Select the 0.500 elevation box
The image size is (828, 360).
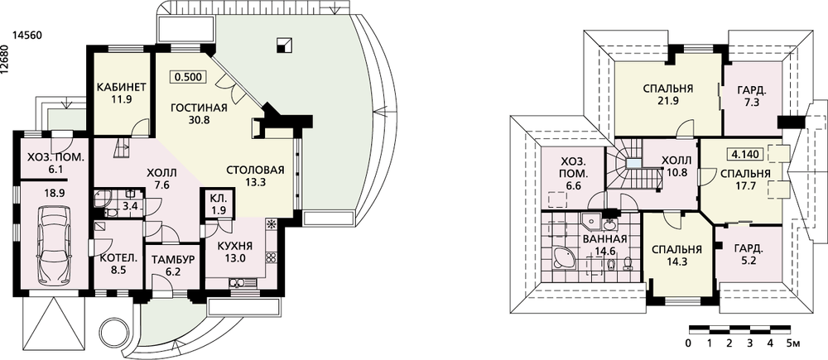click(x=189, y=77)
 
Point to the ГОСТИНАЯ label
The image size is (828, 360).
click(x=199, y=108)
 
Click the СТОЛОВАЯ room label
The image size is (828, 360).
click(x=255, y=170)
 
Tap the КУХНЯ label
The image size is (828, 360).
click(x=234, y=246)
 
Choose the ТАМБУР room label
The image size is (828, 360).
click(x=173, y=259)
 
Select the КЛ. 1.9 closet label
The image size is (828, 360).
click(x=218, y=205)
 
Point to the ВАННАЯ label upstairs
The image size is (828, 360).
click(x=605, y=239)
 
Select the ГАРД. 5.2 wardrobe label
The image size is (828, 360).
click(x=747, y=253)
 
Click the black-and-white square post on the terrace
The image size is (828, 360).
click(x=283, y=46)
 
